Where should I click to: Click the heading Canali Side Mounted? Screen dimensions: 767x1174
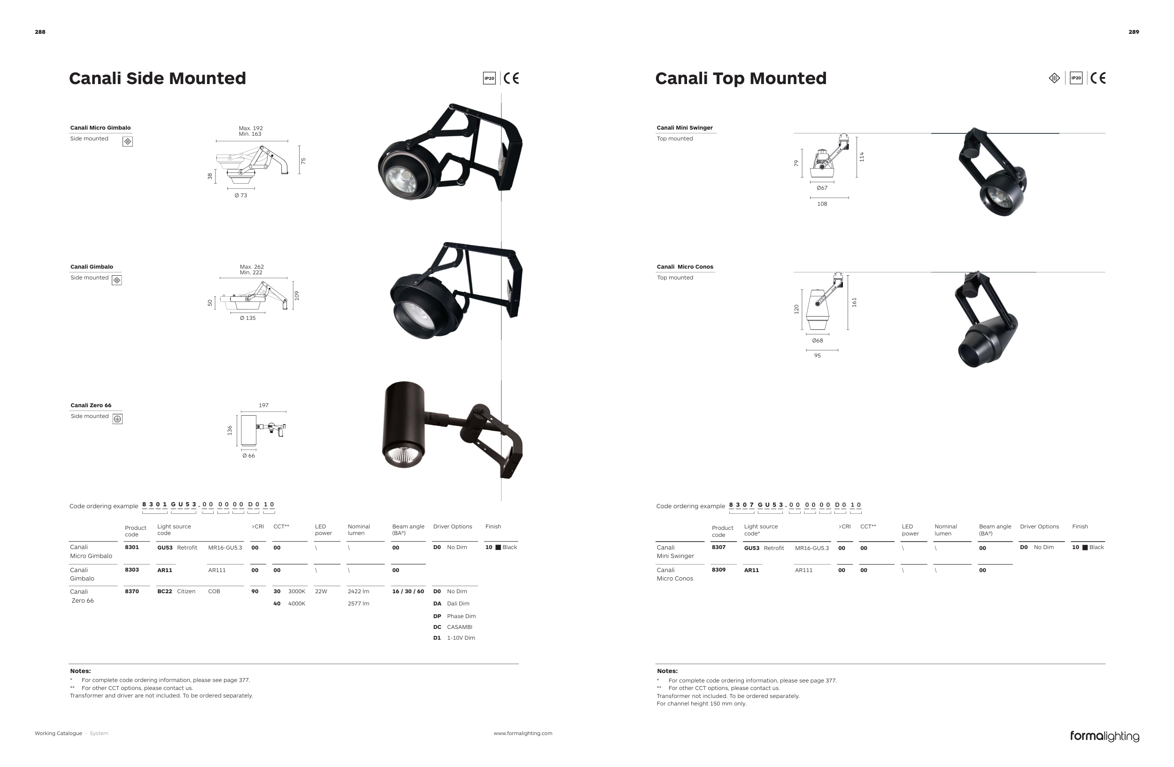tap(157, 78)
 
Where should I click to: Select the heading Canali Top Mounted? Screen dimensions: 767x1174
tap(741, 78)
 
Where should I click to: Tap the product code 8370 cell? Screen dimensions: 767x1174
tap(131, 591)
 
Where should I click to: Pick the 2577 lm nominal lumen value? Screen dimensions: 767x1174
tap(358, 604)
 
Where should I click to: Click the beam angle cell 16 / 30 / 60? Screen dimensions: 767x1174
tap(408, 591)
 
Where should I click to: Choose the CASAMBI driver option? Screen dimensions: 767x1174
tap(459, 628)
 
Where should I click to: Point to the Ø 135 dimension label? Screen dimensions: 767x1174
tap(247, 318)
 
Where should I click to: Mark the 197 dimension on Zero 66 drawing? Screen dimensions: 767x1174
tap(263, 405)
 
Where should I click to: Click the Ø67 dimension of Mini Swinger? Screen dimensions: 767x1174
tap(822, 188)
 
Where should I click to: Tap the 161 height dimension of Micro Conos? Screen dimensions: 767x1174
tap(854, 302)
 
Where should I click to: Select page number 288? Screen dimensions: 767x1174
tap(40, 32)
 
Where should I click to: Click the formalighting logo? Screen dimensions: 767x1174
tap(1104, 736)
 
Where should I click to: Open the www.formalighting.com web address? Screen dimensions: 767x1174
tap(523, 734)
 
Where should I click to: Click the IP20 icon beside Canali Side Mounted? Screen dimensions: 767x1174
tap(489, 78)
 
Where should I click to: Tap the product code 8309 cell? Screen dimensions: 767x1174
tap(718, 570)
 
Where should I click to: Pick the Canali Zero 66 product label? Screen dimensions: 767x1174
tap(91, 405)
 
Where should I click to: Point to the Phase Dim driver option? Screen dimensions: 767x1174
tap(461, 617)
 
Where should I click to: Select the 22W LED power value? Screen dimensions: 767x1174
tap(321, 591)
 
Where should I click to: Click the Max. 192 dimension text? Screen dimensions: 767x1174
tap(251, 128)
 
